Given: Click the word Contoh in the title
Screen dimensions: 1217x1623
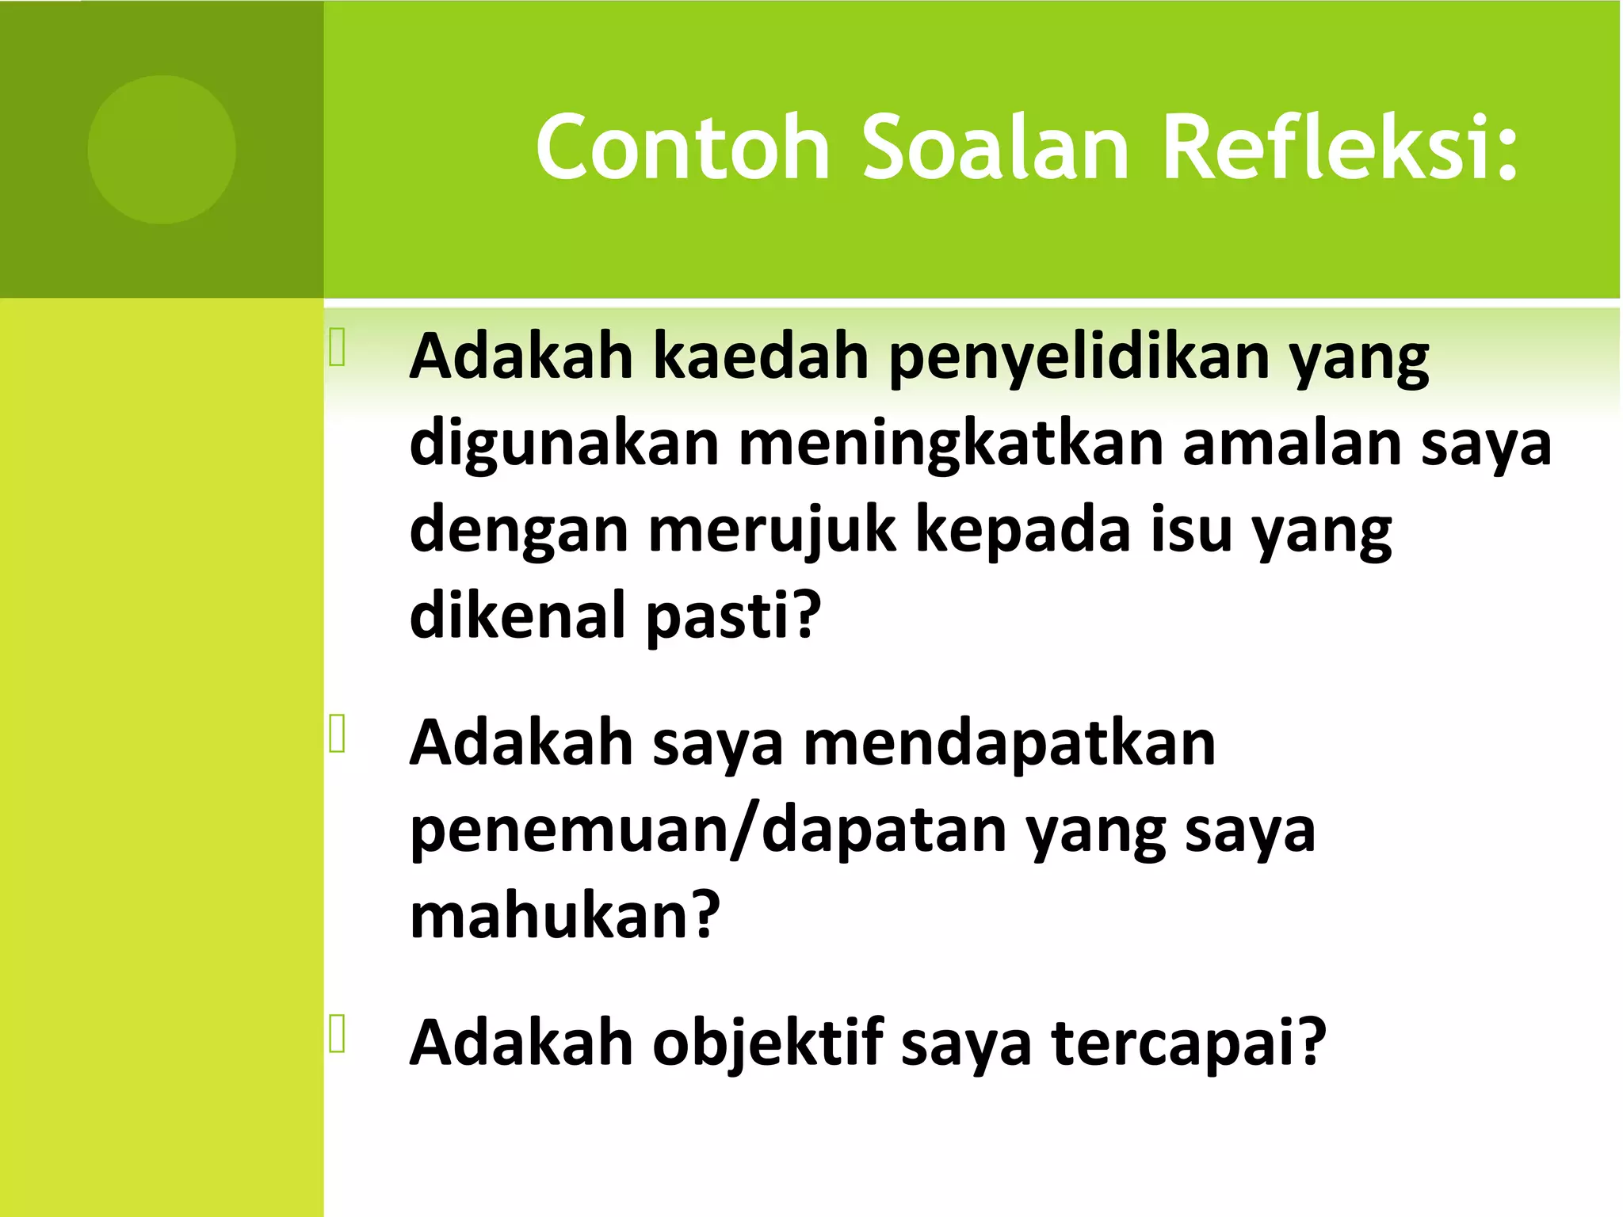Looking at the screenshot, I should click(683, 148).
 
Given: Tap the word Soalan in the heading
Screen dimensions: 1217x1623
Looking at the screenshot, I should click(995, 148).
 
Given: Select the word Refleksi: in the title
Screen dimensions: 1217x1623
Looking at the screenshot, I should click(1340, 148).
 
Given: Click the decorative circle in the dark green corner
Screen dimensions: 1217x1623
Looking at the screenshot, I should click(162, 150).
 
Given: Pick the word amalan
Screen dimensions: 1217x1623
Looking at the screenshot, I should click(1292, 444).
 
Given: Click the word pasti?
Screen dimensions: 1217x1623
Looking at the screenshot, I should click(733, 616).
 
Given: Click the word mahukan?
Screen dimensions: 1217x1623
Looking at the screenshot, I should click(564, 916).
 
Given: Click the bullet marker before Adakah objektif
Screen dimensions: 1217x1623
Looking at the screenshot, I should click(338, 1034).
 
